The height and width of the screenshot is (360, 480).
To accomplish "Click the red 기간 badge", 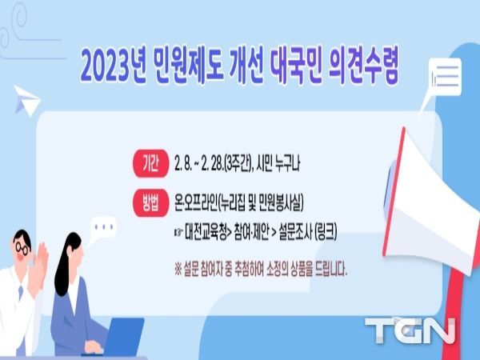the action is pos(150,163).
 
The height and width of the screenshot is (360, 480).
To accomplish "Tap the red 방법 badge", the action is pos(150,203).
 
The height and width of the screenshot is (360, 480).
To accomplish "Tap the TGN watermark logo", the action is pos(410,330).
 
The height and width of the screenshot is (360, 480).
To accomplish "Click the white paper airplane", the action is pos(27,101).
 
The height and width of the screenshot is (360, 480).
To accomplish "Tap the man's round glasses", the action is pos(22,248).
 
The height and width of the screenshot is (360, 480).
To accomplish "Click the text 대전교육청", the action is pos(206,232).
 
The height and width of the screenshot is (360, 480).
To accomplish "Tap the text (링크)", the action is pos(326,232).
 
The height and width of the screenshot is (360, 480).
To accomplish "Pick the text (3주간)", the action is pos(237,164).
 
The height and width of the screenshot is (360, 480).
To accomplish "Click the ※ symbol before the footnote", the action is pos(178,270).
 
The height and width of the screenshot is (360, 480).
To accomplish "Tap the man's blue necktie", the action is pos(21,293).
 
